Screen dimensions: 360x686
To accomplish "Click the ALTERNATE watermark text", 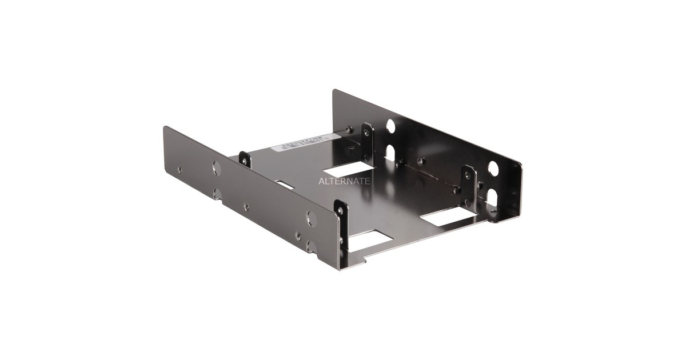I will (x=344, y=181).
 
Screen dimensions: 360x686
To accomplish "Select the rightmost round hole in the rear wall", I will (x=493, y=168).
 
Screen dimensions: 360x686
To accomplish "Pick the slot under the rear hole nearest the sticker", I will (x=390, y=151).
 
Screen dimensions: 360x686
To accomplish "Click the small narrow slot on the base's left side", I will (x=284, y=185).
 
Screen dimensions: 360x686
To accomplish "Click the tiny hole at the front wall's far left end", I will (x=179, y=169).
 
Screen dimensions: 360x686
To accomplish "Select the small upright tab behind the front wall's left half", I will (x=245, y=159).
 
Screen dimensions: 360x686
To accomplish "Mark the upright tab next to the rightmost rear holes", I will (x=469, y=184).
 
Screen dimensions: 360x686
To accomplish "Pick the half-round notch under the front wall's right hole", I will (x=310, y=246).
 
